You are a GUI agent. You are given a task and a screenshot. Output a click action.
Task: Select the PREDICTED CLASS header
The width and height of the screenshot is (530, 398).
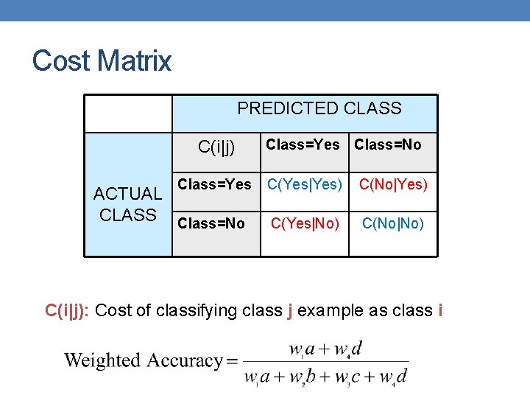pyautogui.click(x=319, y=109)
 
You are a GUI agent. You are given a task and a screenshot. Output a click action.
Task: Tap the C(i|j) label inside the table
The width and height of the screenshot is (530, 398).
pyautogui.click(x=217, y=147)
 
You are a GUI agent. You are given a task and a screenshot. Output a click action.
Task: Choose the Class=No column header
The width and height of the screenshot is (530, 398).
pyautogui.click(x=388, y=144)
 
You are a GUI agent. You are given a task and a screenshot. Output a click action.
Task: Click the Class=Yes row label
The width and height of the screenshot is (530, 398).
pyautogui.click(x=215, y=184)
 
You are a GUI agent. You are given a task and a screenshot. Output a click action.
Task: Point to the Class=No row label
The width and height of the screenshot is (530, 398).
pyautogui.click(x=211, y=223)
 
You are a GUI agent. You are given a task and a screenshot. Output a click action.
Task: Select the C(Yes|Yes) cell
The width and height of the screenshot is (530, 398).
pyautogui.click(x=305, y=184)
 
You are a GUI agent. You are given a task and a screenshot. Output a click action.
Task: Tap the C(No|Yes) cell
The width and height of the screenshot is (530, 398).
pyautogui.click(x=392, y=184)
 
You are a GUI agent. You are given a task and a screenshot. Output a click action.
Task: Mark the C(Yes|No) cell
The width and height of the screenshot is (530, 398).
pyautogui.click(x=305, y=223)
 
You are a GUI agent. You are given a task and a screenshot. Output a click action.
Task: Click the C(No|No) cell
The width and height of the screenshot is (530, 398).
pyautogui.click(x=393, y=223)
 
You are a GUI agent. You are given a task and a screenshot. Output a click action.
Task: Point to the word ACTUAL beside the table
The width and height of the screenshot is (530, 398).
pyautogui.click(x=128, y=194)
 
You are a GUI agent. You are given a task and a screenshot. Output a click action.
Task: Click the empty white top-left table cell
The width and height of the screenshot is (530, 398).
pyautogui.click(x=128, y=114)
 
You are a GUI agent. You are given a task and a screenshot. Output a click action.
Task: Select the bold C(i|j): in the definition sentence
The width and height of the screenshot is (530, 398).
pyautogui.click(x=68, y=310)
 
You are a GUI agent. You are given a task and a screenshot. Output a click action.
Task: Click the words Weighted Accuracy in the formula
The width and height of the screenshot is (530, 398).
pyautogui.click(x=144, y=360)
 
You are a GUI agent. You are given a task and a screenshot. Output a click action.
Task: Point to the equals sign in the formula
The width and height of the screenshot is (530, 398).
pyautogui.click(x=233, y=361)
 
